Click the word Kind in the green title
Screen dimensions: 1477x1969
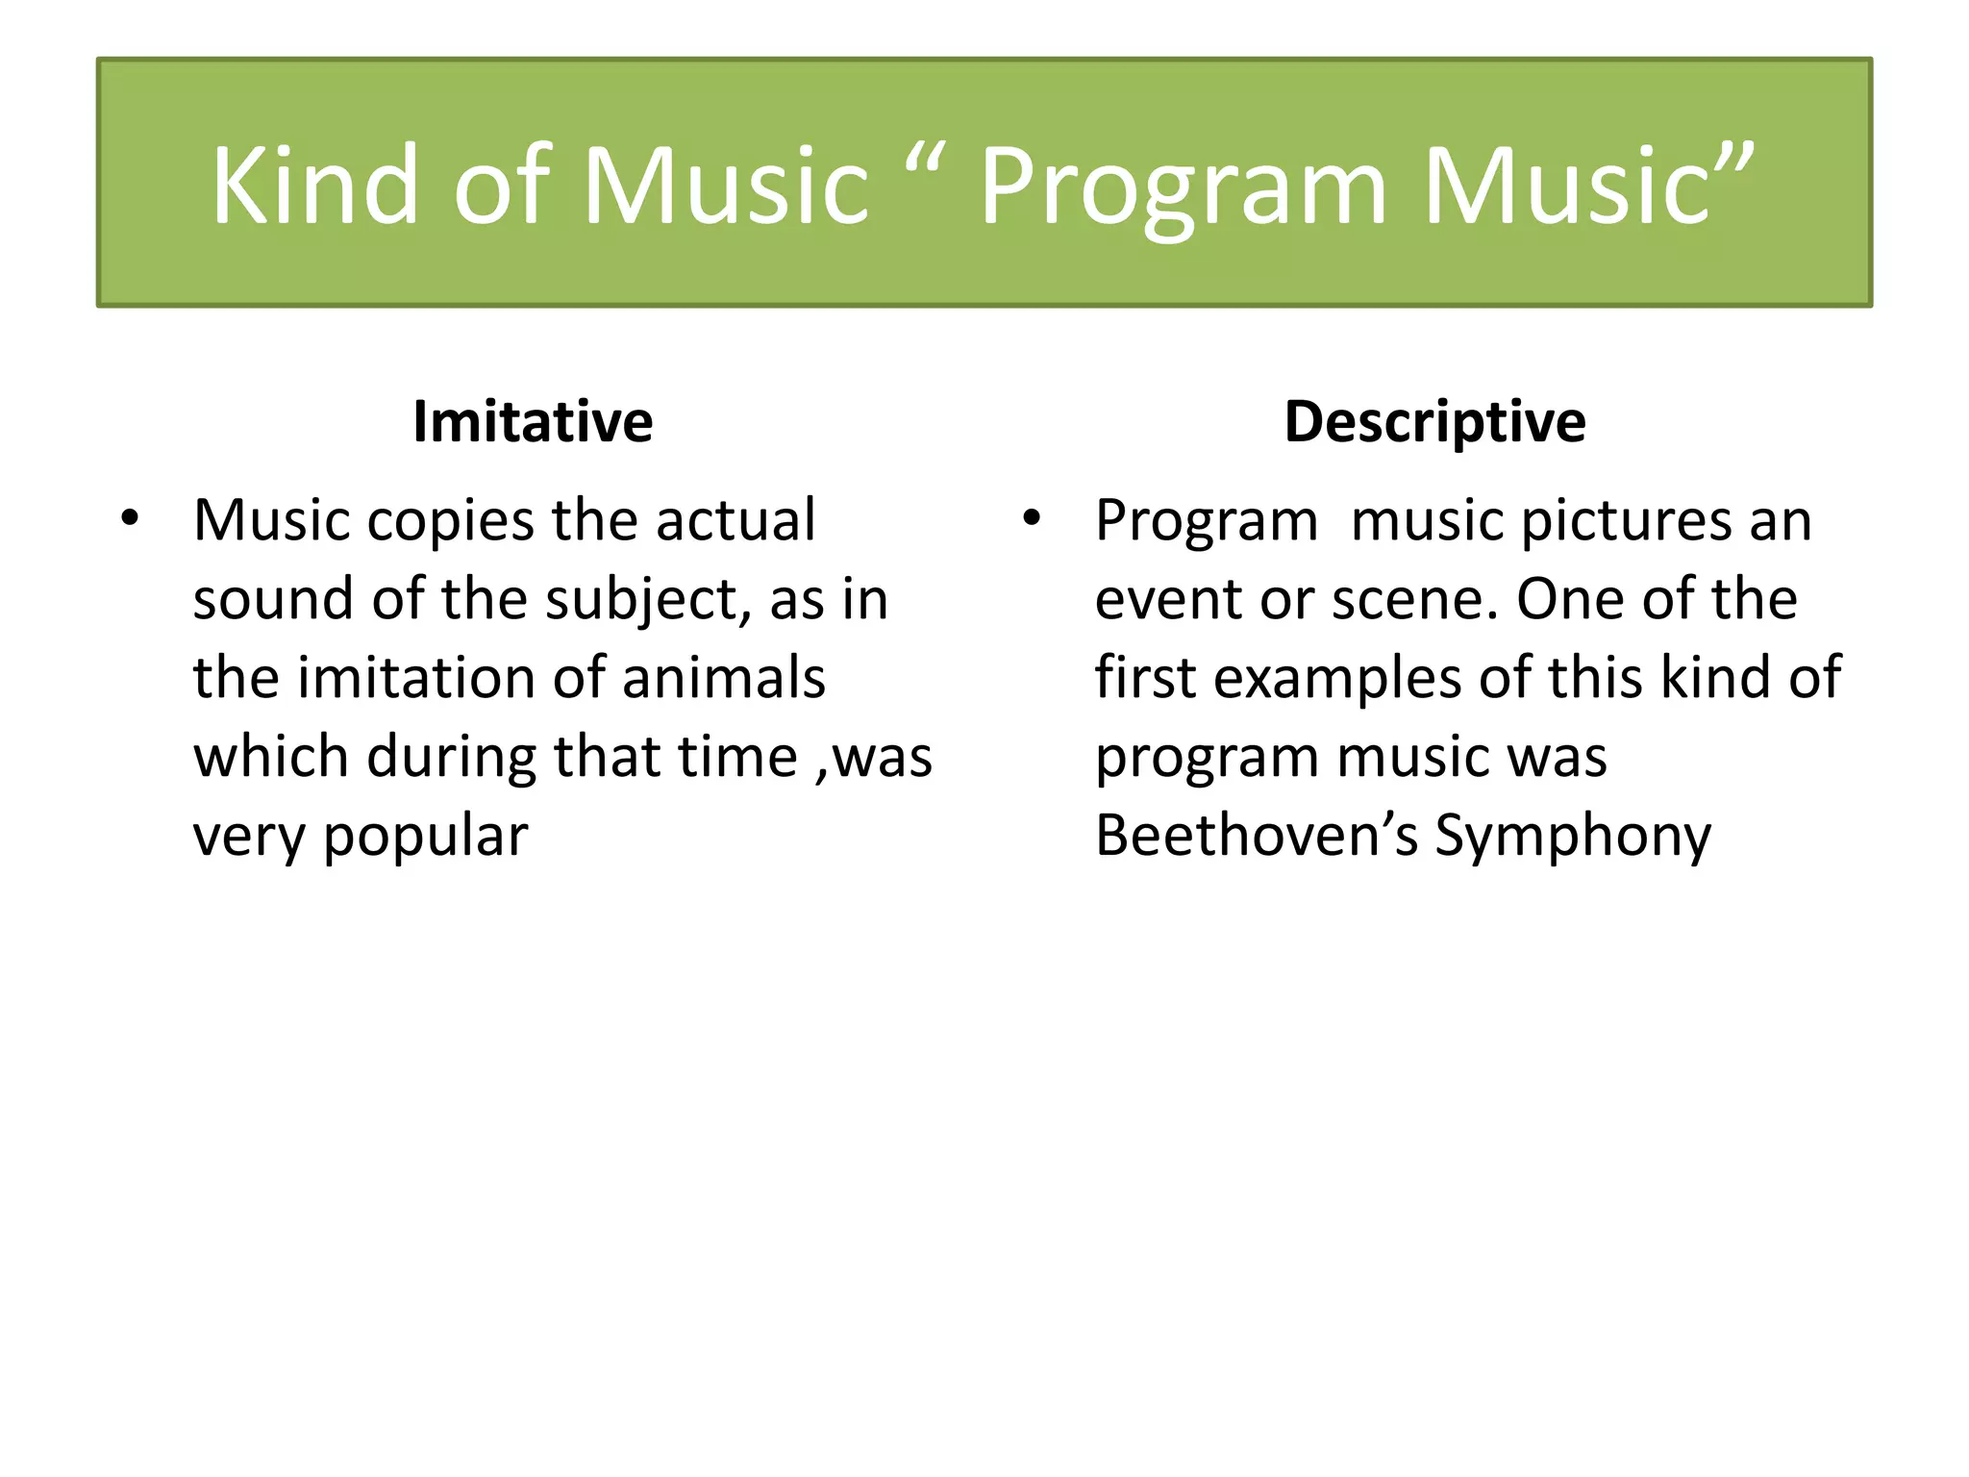coord(315,185)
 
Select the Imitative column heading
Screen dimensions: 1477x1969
coord(533,421)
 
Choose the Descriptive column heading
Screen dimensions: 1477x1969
coord(1434,421)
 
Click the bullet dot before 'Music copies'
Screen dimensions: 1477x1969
coord(130,519)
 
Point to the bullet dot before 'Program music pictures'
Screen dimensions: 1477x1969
coord(1032,519)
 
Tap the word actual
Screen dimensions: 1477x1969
coord(735,520)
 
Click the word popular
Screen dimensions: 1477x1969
coord(425,837)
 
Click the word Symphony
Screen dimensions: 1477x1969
coord(1573,837)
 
